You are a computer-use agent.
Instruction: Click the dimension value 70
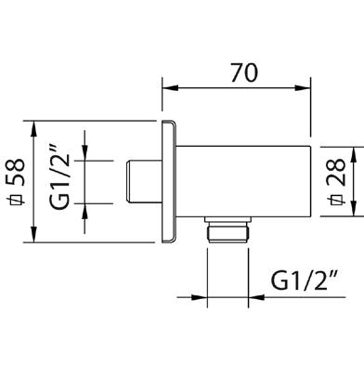[x=244, y=73]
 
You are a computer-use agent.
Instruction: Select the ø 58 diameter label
[x=16, y=181]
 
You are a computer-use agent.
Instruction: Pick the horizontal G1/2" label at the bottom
[x=304, y=280]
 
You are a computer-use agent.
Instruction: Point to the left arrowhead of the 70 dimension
[x=171, y=88]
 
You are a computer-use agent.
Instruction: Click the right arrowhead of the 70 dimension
[x=303, y=88]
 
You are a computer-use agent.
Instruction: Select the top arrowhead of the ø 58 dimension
[x=33, y=128]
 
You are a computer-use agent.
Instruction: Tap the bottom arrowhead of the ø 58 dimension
[x=33, y=234]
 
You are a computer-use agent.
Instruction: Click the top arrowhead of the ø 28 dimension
[x=354, y=154]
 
